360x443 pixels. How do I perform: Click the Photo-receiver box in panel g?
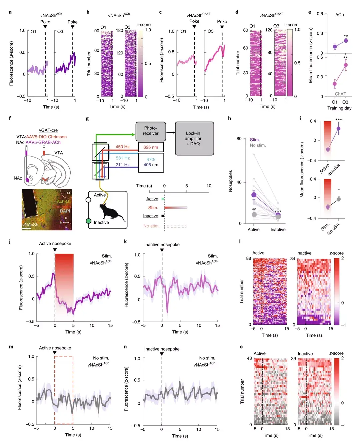click(x=151, y=131)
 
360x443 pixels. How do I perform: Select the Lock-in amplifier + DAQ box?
click(x=194, y=138)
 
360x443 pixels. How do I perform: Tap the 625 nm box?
click(x=151, y=147)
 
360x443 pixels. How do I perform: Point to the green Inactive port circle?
click(x=89, y=221)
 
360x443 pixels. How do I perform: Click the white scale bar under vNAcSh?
click(x=27, y=228)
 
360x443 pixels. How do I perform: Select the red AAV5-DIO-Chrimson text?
click(x=46, y=137)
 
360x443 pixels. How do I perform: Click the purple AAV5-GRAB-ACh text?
click(x=43, y=142)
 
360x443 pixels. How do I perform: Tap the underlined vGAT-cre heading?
click(x=48, y=130)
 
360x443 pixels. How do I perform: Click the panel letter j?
click(x=10, y=241)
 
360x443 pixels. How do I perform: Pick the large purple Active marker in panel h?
click(x=254, y=195)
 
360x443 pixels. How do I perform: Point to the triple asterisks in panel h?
click(x=278, y=212)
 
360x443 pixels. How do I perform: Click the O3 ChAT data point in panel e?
click(x=346, y=65)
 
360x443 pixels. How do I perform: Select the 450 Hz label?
click(x=122, y=147)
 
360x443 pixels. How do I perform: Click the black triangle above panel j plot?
click(x=55, y=250)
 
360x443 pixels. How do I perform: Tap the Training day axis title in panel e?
click(x=339, y=108)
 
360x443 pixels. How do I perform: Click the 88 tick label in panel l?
click(x=248, y=258)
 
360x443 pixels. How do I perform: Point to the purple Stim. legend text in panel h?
click(x=255, y=140)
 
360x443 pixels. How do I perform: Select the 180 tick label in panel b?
click(x=119, y=31)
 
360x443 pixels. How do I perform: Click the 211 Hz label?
click(x=122, y=165)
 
